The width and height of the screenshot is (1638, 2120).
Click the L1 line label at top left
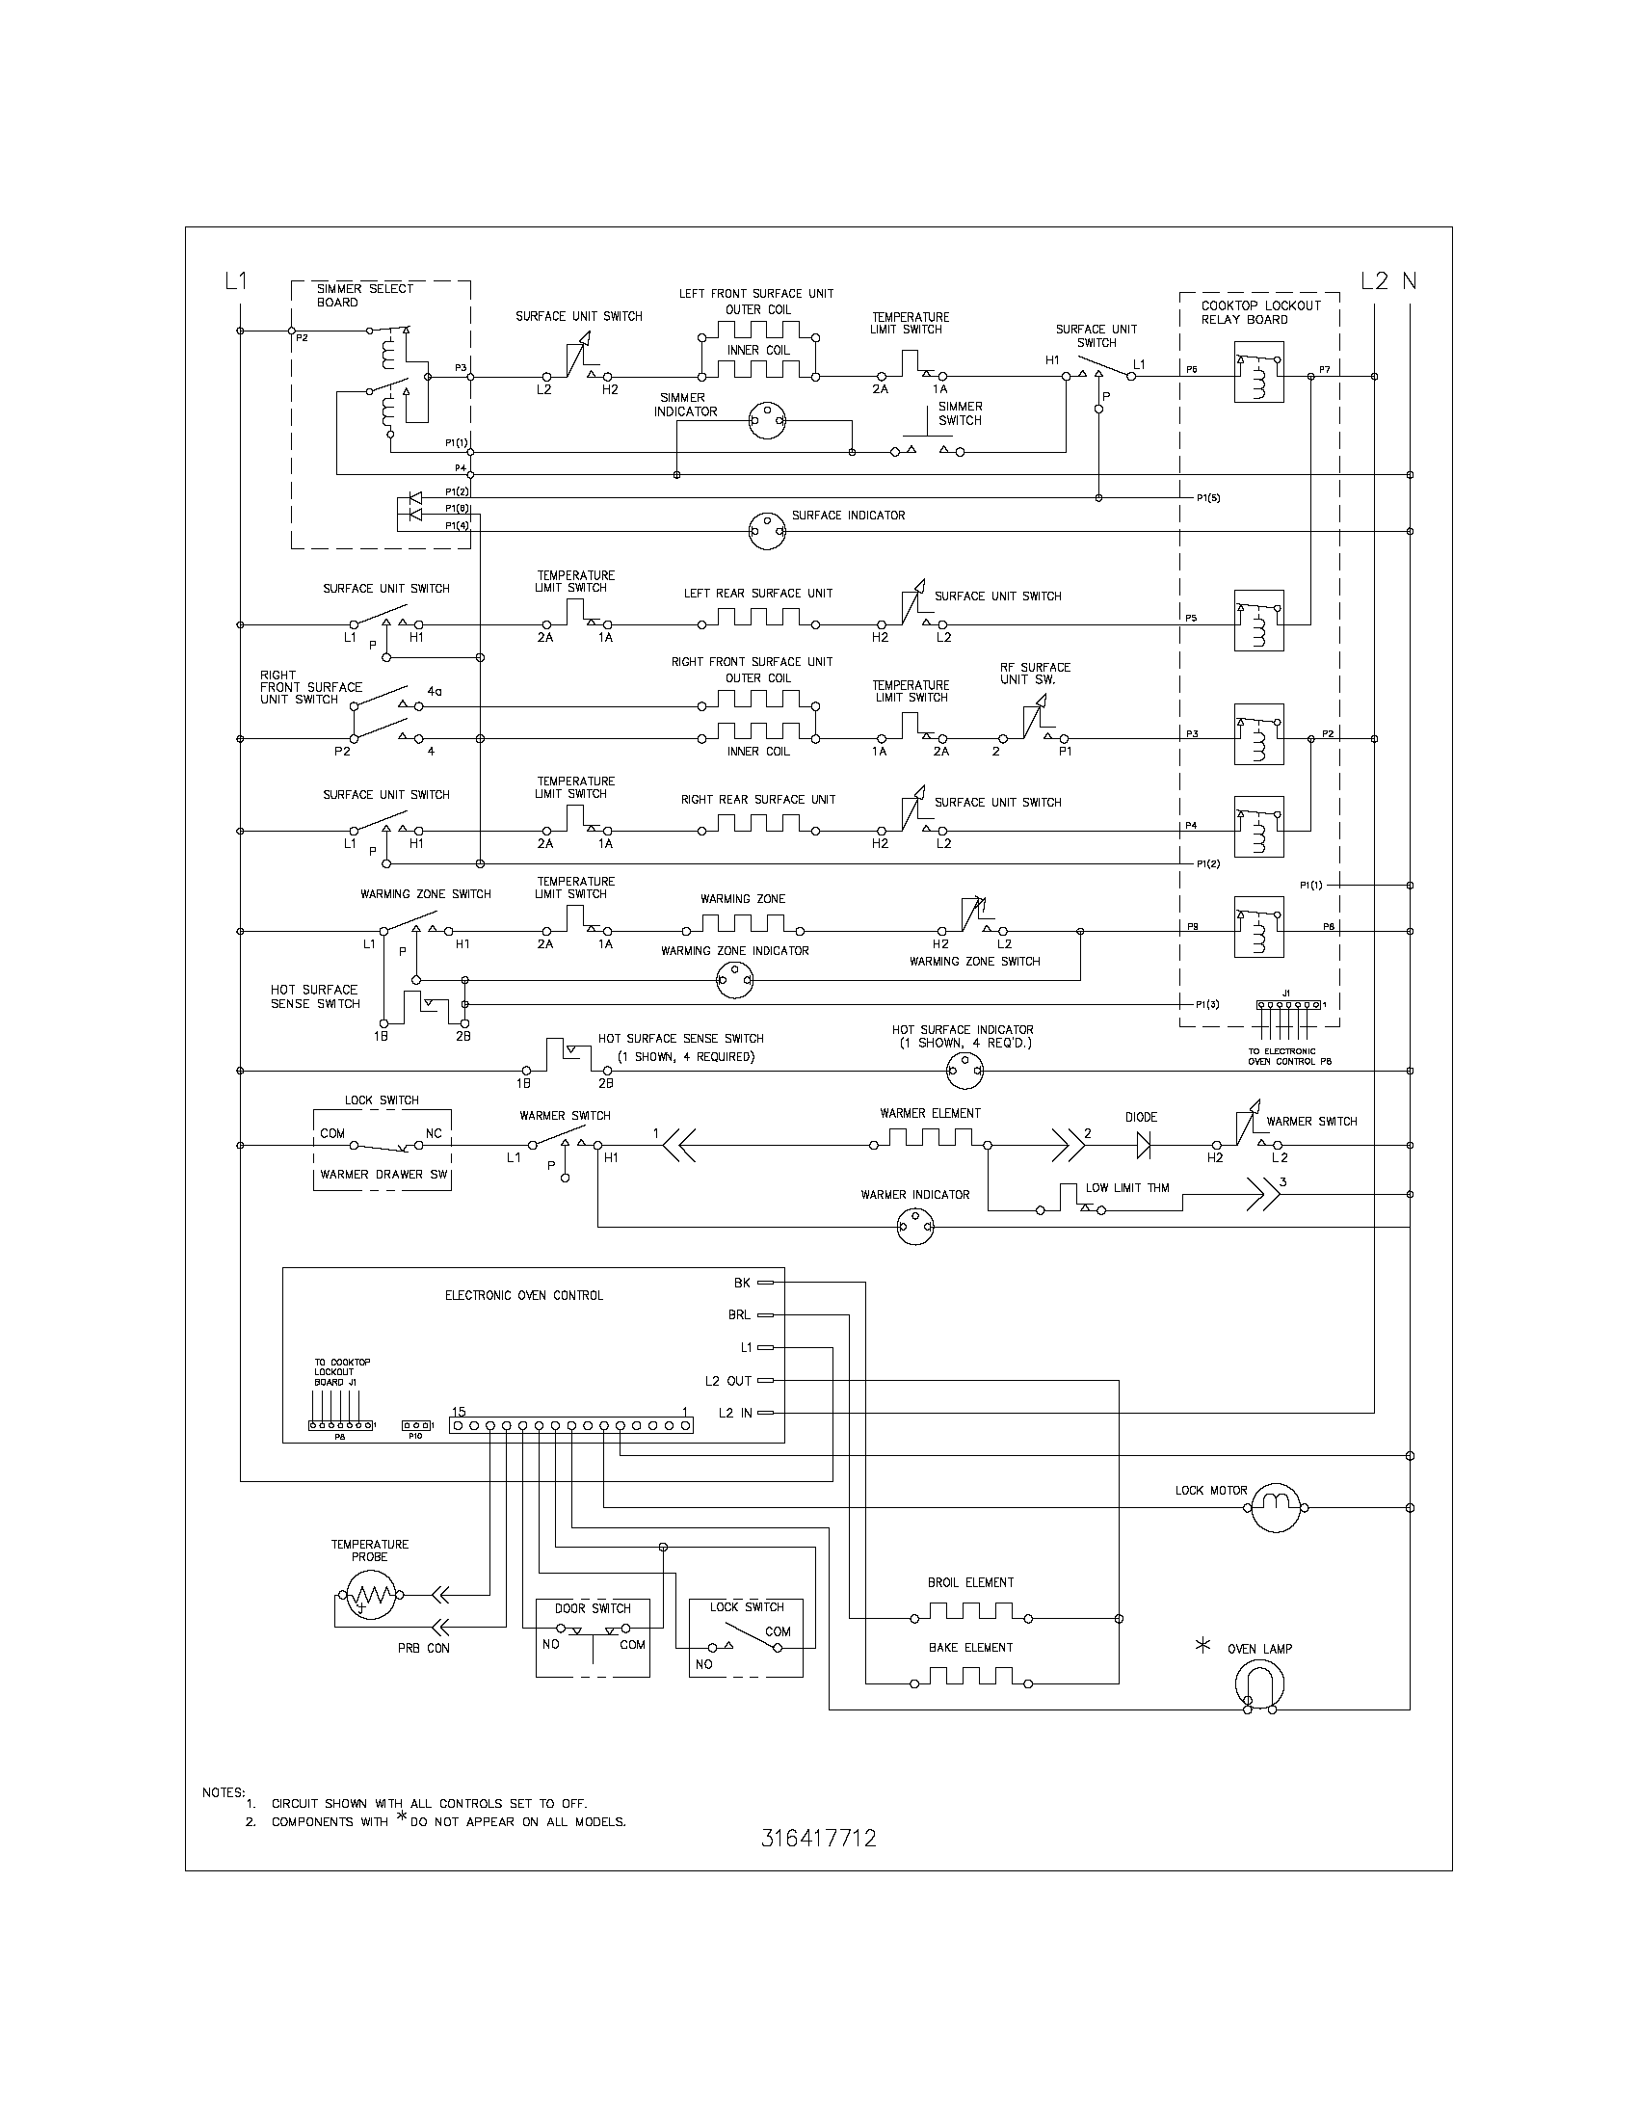236,281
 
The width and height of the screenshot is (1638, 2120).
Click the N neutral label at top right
1409,281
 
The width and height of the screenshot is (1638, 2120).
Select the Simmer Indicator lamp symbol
767,421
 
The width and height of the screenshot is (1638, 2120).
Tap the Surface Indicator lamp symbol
767,531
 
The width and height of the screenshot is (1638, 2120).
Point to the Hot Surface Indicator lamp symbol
964,1071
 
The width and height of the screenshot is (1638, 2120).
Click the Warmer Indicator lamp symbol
915,1227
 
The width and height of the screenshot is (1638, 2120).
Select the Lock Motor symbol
1274,1507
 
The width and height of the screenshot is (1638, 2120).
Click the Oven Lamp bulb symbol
1259,1685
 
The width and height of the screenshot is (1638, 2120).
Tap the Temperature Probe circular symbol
369,1594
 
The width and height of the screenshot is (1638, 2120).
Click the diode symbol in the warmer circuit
1144,1146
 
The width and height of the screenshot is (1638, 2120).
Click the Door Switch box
592,1637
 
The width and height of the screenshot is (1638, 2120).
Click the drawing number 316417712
819,1839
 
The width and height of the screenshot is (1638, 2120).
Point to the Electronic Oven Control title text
524,1295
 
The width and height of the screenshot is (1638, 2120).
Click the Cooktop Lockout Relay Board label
1260,311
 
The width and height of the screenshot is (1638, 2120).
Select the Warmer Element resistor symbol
930,1138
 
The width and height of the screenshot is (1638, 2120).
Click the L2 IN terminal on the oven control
765,1413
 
